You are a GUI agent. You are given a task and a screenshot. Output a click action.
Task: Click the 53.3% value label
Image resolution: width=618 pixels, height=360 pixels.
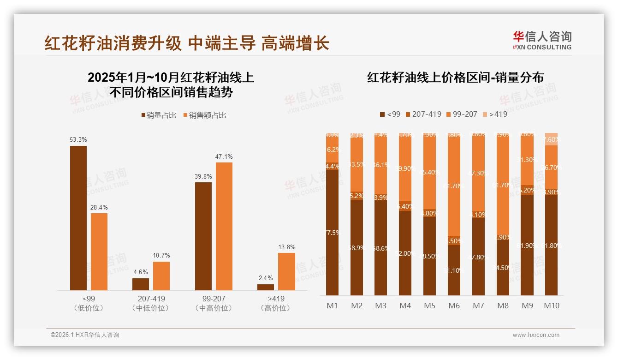[x=78, y=139]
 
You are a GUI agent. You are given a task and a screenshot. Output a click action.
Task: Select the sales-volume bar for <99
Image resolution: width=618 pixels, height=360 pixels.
[x=78, y=218]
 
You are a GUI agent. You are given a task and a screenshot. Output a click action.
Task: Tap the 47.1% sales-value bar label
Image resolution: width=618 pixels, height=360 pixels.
[x=224, y=156]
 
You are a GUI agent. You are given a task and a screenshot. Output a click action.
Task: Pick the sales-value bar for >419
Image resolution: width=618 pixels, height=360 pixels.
[x=286, y=271]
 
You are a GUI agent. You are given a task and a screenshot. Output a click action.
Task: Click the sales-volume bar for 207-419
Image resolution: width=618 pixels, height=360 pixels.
[x=141, y=284]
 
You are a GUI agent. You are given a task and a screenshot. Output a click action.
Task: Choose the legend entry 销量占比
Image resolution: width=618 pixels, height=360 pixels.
[x=159, y=115]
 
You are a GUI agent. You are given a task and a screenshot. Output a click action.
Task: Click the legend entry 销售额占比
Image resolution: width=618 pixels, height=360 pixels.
[x=205, y=115]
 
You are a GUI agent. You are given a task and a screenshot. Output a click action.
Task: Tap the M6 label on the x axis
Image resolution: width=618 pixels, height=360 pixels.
[x=454, y=306]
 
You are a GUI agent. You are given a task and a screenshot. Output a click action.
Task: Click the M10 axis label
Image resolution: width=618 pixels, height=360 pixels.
[x=551, y=306]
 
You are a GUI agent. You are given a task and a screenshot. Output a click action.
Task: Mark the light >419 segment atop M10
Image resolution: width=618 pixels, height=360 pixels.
[x=551, y=139]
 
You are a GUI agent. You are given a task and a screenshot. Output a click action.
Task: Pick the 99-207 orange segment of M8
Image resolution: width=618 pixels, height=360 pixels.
[x=503, y=185]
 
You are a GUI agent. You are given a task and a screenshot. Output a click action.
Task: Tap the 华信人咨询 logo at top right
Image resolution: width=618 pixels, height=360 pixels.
[x=542, y=40]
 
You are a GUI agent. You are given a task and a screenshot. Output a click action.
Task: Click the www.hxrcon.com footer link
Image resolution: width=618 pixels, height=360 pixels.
[x=536, y=335]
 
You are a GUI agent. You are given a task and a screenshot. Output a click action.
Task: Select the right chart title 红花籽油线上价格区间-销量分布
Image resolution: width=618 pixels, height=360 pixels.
[x=455, y=77]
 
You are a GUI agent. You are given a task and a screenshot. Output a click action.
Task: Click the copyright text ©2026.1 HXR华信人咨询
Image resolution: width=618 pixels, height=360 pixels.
[x=85, y=335]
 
